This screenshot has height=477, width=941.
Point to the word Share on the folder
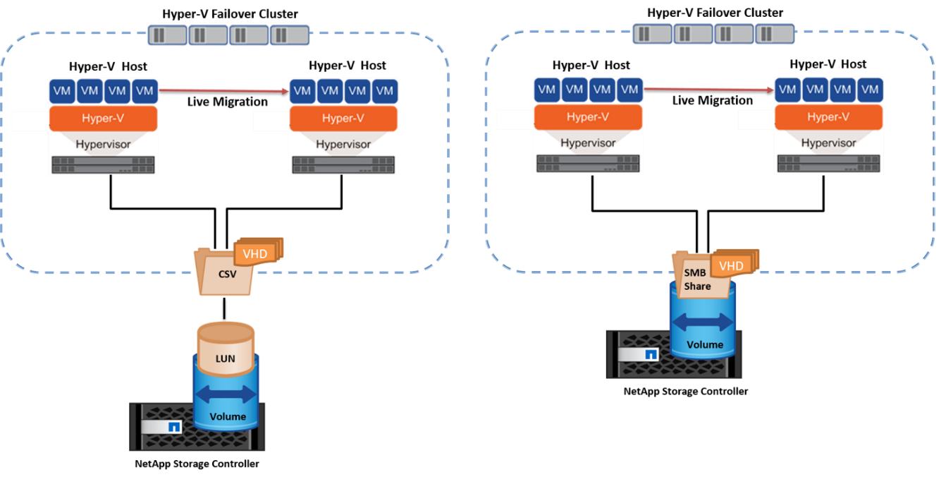point(697,286)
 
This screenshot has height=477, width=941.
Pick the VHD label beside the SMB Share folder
point(731,265)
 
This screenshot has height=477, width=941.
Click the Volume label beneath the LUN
point(228,416)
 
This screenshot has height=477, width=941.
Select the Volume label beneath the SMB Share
point(705,344)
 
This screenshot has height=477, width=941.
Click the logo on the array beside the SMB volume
point(651,354)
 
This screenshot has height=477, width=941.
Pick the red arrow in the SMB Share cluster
point(706,90)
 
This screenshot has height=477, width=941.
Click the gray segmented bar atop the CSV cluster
point(228,35)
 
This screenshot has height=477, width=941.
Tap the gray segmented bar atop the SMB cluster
point(713,33)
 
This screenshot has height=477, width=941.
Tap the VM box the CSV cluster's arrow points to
point(302,90)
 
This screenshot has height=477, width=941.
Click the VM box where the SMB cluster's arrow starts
point(629,90)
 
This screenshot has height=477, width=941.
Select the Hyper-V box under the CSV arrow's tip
point(343,118)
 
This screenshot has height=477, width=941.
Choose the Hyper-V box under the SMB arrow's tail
point(587,117)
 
